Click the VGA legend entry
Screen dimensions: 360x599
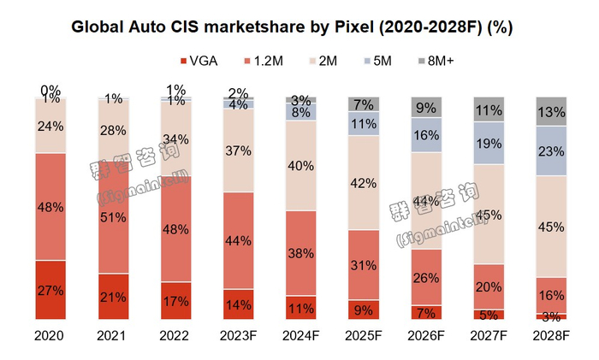click(199, 61)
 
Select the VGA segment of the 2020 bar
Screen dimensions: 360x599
click(50, 290)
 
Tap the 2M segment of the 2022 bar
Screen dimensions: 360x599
click(175, 139)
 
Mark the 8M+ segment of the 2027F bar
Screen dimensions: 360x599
click(489, 109)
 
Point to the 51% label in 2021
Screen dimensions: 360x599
click(113, 217)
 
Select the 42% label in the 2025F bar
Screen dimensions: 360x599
click(364, 183)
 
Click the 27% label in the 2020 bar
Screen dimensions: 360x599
click(50, 292)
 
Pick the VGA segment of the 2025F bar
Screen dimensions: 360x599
click(364, 310)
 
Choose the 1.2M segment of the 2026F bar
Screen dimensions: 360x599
click(427, 277)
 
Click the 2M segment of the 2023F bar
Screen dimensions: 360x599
click(238, 151)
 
